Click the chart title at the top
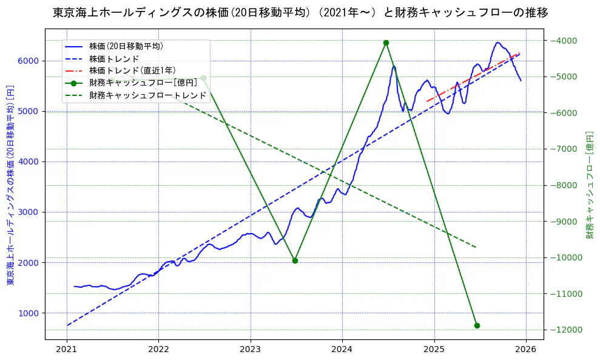click(x=300, y=12)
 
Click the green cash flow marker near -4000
click(x=386, y=42)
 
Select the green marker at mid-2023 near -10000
click(x=295, y=260)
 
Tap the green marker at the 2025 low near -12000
click(x=477, y=325)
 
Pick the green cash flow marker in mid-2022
click(x=203, y=78)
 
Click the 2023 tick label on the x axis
click(x=250, y=350)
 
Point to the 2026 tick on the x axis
click(x=526, y=350)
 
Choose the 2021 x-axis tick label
click(x=66, y=350)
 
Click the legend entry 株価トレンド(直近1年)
click(x=128, y=70)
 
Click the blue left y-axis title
click(x=10, y=185)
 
